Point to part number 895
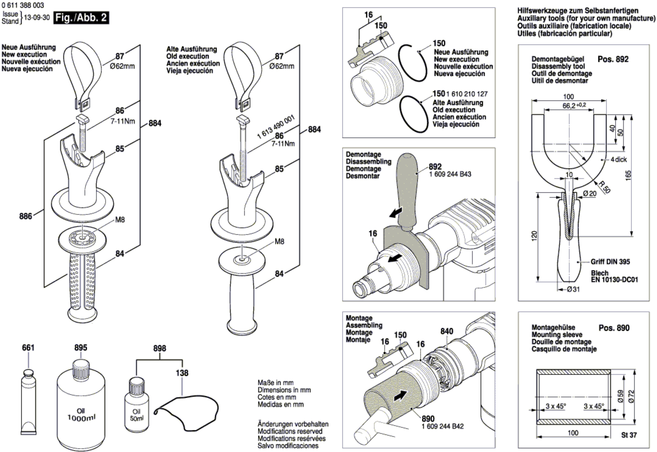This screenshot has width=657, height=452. click(81, 348)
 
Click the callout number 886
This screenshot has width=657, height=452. click(26, 216)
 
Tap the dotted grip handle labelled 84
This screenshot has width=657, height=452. click(82, 286)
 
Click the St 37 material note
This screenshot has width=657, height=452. click(629, 435)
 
